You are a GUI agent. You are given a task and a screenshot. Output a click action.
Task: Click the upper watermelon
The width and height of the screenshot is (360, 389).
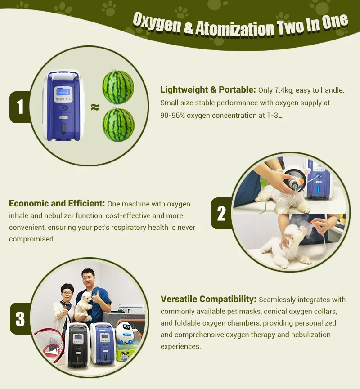coord(118,87)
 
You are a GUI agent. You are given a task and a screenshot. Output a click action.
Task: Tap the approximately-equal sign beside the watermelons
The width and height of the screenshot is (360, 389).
coord(95,107)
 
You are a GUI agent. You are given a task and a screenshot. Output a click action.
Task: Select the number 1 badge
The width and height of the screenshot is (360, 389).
coord(20,107)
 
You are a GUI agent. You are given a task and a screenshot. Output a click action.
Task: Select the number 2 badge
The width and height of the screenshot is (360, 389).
coord(221,213)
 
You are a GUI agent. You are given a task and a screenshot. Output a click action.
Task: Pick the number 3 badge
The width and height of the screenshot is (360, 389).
coord(20,319)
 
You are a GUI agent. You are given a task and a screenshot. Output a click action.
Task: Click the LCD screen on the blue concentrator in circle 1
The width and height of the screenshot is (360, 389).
coord(63,92)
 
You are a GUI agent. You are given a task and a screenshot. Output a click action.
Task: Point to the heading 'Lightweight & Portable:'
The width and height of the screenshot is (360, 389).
coord(208,89)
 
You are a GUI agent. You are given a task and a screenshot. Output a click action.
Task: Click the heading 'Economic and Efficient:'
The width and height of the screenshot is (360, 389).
coord(57,203)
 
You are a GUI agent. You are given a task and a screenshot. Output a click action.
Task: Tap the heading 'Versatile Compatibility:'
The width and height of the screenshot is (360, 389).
coord(208,299)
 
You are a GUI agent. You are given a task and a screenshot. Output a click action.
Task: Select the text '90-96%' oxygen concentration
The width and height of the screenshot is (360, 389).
coord(172,116)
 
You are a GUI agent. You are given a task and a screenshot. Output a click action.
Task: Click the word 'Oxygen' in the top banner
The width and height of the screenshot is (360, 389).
coord(157,23)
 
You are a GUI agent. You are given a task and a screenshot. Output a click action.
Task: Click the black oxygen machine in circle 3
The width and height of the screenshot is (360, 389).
coord(77,345)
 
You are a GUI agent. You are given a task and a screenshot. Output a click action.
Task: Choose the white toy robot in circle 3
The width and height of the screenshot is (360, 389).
coord(126,333)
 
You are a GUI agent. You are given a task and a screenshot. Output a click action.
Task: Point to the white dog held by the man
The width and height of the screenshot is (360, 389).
coord(84,306)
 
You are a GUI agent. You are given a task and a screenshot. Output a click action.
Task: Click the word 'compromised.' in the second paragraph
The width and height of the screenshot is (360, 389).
coord(32,239)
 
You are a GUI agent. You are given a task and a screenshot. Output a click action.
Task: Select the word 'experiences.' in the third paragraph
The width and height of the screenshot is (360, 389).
coord(181,347)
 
